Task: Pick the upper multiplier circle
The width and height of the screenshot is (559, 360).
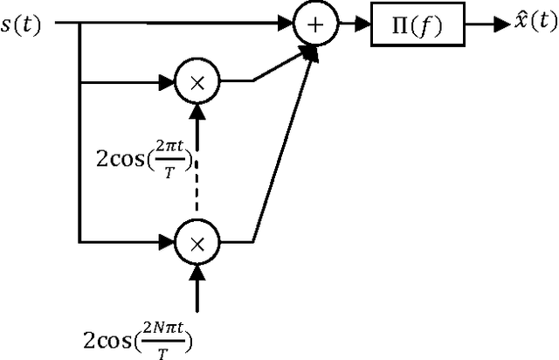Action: pyautogui.click(x=197, y=83)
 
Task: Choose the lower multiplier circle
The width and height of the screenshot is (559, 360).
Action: pyautogui.click(x=197, y=239)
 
